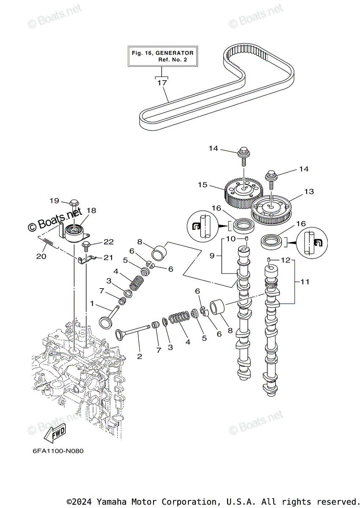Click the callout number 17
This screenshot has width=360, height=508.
point(162,83)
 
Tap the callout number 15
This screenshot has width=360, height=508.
point(203,185)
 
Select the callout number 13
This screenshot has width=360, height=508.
point(309,191)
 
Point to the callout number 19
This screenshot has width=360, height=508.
point(55,201)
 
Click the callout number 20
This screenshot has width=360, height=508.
point(41,257)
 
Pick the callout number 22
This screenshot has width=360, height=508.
point(108,242)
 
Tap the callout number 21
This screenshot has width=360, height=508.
point(108,258)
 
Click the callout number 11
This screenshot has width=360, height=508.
point(305,282)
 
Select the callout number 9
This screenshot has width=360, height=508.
point(212,256)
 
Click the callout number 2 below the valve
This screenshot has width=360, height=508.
point(140,356)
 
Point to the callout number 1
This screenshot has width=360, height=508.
point(92,303)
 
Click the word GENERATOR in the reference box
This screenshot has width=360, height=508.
point(174,53)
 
